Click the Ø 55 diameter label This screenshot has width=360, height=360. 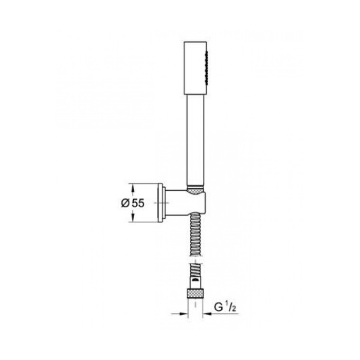133,203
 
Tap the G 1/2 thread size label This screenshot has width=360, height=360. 225,307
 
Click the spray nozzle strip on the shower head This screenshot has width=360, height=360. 207,68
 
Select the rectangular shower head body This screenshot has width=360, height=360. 195,68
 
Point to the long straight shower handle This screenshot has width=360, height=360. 195,140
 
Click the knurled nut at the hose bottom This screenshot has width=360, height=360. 195,293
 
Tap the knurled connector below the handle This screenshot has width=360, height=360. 195,190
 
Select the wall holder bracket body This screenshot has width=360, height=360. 185,203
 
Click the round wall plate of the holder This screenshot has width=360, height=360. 160,203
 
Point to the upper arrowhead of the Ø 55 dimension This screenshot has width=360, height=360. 133,188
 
